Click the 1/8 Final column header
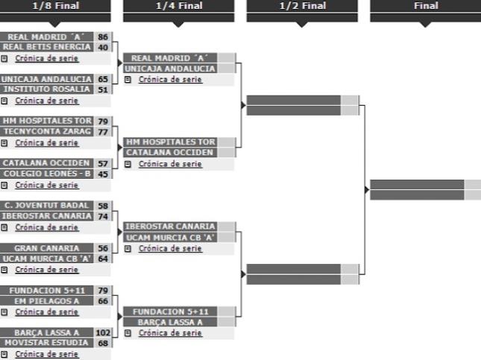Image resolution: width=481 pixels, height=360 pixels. [55, 5]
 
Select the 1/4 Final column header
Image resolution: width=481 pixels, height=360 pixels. [179, 5]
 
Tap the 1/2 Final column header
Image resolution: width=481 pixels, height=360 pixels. [303, 5]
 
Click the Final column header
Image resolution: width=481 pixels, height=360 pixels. [426, 5]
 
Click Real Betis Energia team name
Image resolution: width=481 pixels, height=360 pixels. [47, 47]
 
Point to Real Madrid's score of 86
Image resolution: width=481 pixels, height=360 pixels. [103, 37]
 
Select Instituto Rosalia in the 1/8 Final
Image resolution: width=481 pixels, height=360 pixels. [47, 89]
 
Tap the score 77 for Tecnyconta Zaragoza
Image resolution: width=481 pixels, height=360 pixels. [103, 132]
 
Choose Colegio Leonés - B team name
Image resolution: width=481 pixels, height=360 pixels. [47, 174]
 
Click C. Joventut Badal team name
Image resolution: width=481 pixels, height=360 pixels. [47, 206]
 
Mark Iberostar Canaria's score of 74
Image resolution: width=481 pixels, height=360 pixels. [103, 216]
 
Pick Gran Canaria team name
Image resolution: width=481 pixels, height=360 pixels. [47, 248]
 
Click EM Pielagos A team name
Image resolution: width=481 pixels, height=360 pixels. [47, 301]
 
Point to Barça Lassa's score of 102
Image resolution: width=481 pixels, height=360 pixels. [103, 332]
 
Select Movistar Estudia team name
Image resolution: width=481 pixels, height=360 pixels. [47, 343]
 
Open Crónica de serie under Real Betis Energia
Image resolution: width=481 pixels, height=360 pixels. [47, 58]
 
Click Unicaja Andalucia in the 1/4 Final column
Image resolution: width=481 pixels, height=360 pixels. [170, 69]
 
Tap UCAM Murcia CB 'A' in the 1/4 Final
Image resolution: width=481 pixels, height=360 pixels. [170, 238]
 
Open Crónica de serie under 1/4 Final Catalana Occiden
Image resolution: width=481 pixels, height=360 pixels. [170, 164]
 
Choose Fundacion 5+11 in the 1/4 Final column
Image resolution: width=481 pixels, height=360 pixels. [170, 312]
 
